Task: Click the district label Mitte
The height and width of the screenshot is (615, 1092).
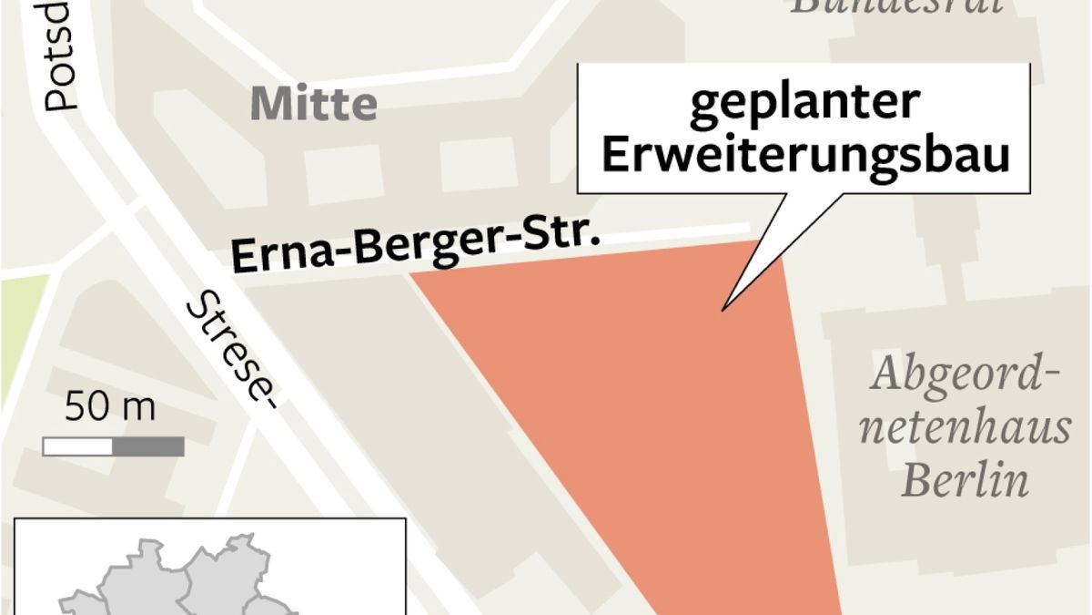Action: click(313, 105)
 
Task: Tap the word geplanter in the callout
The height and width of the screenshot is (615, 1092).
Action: click(804, 103)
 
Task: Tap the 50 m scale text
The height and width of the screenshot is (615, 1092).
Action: click(110, 409)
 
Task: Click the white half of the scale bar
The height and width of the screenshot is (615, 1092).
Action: click(77, 446)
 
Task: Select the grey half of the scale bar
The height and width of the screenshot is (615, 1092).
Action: click(148, 446)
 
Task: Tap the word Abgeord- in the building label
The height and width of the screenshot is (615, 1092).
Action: click(966, 374)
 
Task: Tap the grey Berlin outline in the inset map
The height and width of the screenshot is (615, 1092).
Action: click(182, 583)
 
